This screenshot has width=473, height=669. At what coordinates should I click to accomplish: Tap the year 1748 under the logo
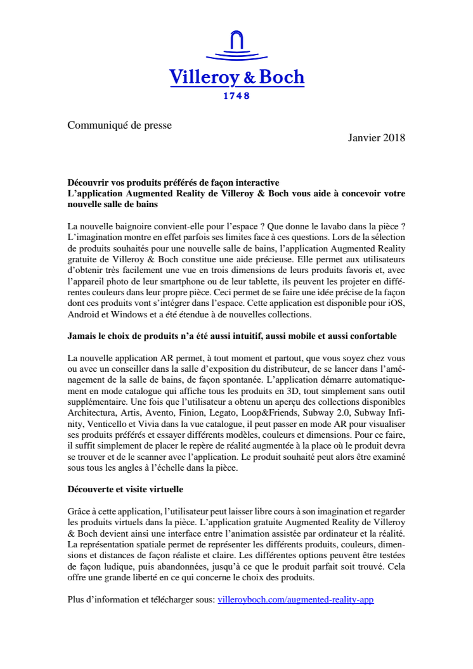(x=236, y=96)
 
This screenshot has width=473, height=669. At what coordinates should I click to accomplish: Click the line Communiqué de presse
(x=120, y=125)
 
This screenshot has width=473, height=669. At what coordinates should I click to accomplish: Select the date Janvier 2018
(x=377, y=137)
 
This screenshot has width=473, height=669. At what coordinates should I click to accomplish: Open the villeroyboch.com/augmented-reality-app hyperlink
(x=295, y=599)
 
